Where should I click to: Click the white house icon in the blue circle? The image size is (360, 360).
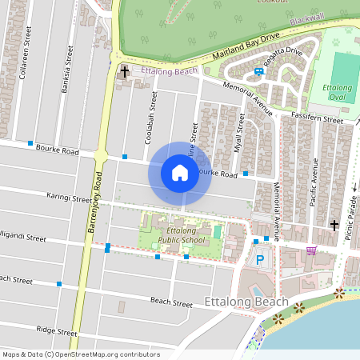point(180,172)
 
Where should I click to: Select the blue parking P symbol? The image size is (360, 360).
point(260,259)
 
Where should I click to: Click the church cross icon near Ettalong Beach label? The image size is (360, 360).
point(124,73)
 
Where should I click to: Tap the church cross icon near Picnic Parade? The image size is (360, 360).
point(334,225)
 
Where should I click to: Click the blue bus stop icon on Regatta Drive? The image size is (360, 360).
point(258,71)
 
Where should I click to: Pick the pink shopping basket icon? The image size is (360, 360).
point(310,250)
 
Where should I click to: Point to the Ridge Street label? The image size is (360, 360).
point(57,330)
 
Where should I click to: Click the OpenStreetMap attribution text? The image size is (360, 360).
point(81,354)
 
